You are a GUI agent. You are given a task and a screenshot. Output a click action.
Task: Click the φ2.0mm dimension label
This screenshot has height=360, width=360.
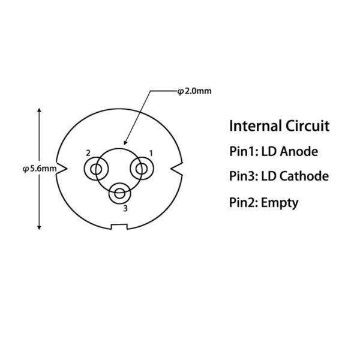(x=194, y=91)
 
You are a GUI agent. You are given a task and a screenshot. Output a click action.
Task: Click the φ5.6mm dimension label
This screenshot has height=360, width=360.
(x=40, y=169)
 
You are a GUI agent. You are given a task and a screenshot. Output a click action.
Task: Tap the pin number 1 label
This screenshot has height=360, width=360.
(x=151, y=153)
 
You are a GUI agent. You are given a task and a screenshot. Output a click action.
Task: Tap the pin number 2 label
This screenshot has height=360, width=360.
(x=88, y=153)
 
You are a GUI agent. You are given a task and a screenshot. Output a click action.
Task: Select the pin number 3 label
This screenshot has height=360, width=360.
(x=125, y=208)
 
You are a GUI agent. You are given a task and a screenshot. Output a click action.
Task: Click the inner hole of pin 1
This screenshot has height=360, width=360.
(x=142, y=169)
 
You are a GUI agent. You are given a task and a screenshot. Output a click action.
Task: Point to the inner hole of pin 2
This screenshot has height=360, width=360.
(x=96, y=169)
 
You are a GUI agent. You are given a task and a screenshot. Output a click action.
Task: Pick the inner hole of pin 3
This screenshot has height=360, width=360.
(x=119, y=193)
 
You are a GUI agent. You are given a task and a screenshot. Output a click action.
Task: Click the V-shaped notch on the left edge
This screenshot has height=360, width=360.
(x=62, y=169)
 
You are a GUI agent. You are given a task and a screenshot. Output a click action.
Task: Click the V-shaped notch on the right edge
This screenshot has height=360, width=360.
(x=177, y=169)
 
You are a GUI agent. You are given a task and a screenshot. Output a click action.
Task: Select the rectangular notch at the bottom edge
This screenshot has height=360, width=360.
(x=119, y=226)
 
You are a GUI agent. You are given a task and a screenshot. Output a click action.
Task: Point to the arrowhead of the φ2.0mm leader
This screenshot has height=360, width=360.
(x=125, y=143)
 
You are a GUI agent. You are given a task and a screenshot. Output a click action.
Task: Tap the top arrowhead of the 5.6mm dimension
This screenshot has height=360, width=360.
(x=39, y=110)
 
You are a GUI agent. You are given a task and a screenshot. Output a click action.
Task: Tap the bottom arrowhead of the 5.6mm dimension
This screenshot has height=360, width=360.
(x=39, y=227)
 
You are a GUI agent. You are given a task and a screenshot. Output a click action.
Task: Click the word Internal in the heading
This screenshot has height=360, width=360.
(x=256, y=126)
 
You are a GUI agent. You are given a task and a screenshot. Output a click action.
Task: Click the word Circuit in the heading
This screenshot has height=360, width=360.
(x=308, y=126)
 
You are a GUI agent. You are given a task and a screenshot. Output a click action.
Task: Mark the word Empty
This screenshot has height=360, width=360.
(x=280, y=203)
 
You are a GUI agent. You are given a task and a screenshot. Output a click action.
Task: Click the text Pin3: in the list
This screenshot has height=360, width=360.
(x=244, y=176)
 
